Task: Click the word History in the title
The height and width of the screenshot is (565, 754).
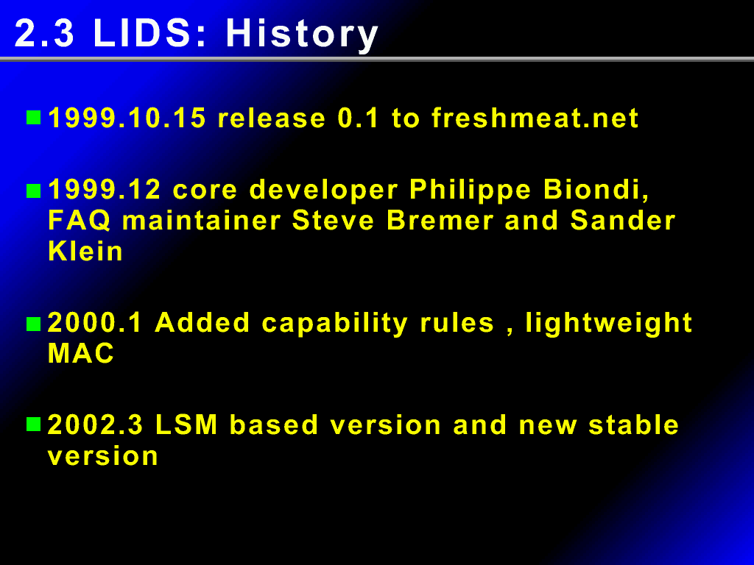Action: [x=302, y=35]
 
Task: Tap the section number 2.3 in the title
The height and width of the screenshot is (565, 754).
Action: [x=45, y=33]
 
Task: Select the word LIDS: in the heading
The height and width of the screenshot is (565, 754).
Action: [x=149, y=33]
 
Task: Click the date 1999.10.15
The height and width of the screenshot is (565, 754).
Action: [x=127, y=118]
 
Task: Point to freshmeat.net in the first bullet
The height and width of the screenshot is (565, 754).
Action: [x=535, y=118]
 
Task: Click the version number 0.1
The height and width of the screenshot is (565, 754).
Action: [x=359, y=118]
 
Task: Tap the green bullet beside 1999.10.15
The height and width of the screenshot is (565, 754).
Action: [x=34, y=118]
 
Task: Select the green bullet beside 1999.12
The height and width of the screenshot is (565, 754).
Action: [x=34, y=191]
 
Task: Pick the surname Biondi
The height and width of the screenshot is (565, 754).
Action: [x=596, y=190]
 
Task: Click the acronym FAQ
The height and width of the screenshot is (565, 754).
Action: [x=80, y=221]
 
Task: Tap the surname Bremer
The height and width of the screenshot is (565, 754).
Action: [x=440, y=221]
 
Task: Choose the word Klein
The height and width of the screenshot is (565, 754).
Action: [x=85, y=251]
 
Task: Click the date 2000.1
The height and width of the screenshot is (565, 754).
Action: [x=95, y=322]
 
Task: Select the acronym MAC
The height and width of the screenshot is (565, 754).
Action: [x=81, y=353]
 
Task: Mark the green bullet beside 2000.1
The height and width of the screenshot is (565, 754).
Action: [x=34, y=324]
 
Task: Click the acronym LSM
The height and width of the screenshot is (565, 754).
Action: [x=186, y=424]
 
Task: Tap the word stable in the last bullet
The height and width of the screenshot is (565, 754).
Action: [x=633, y=424]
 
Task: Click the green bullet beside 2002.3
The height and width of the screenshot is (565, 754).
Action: [x=34, y=424]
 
